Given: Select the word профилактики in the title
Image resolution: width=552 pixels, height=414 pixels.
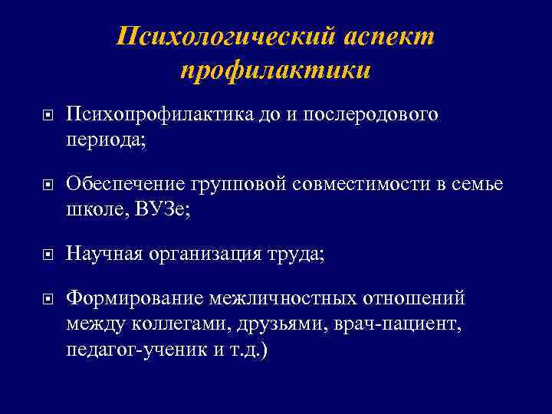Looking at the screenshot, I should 276,70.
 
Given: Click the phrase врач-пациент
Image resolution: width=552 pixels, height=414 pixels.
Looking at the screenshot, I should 397,324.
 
